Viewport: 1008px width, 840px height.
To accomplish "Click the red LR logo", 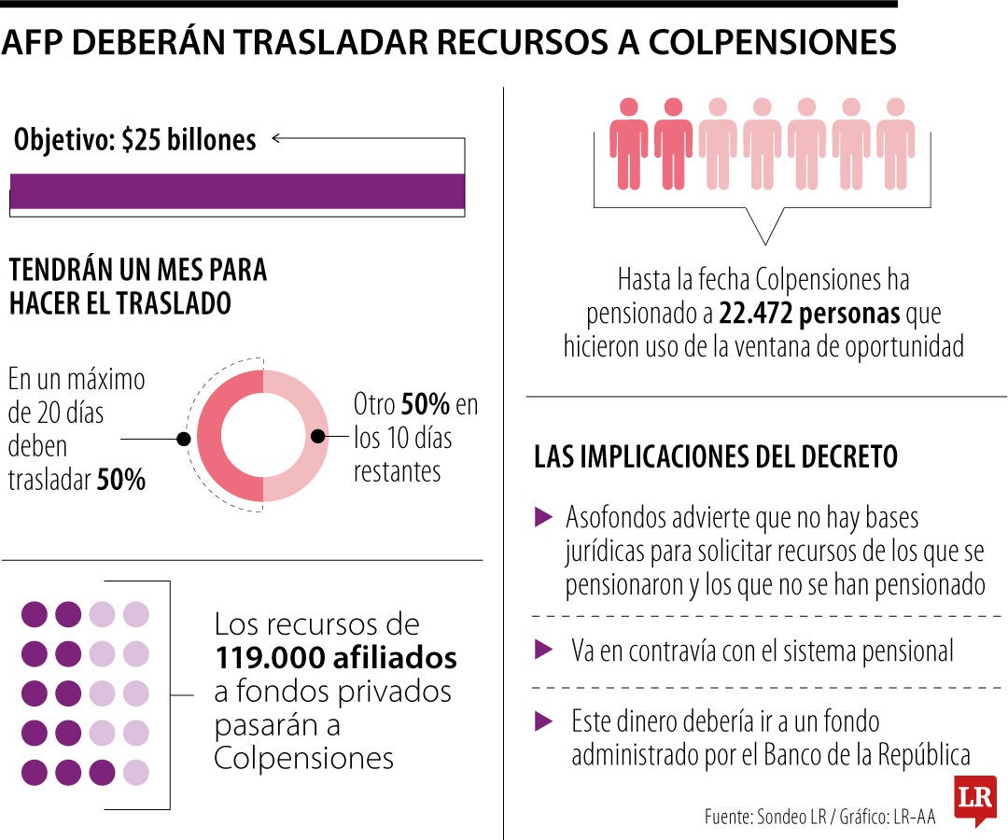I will pyautogui.click(x=975, y=799).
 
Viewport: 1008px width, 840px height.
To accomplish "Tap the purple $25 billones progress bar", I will pyautogui.click(x=237, y=191).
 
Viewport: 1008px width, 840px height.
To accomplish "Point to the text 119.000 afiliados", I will pyautogui.click(x=336, y=658).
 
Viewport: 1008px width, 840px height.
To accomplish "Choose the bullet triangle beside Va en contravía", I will pyautogui.click(x=543, y=650).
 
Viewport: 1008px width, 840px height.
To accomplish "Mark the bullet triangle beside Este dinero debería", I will pyautogui.click(x=543, y=721).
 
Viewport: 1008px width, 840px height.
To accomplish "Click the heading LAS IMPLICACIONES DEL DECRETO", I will pyautogui.click(x=716, y=457).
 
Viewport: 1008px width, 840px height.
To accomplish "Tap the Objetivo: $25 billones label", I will pyautogui.click(x=135, y=140).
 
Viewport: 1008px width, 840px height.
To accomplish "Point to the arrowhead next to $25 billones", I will pyautogui.click(x=276, y=140).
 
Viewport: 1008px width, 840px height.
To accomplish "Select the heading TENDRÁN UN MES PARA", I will pyautogui.click(x=138, y=271).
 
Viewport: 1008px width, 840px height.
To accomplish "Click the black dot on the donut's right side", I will pyautogui.click(x=317, y=436).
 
